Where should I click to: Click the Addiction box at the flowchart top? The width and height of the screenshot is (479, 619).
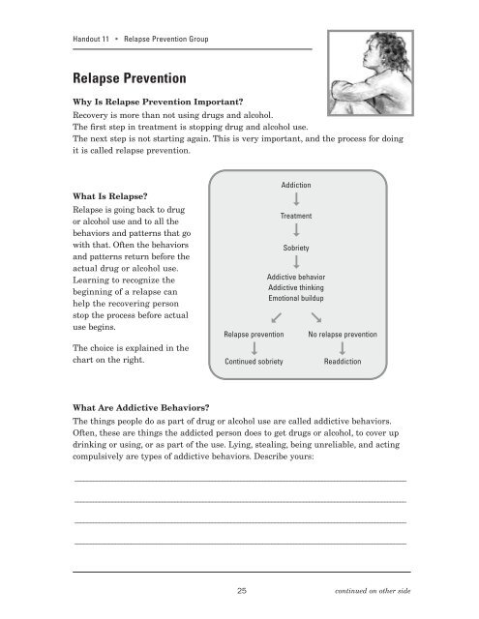296,183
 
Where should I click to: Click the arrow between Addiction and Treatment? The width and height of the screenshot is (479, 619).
296,199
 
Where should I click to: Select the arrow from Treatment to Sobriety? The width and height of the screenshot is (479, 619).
296,232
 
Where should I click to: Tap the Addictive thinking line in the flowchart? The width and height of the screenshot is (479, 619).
296,288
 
